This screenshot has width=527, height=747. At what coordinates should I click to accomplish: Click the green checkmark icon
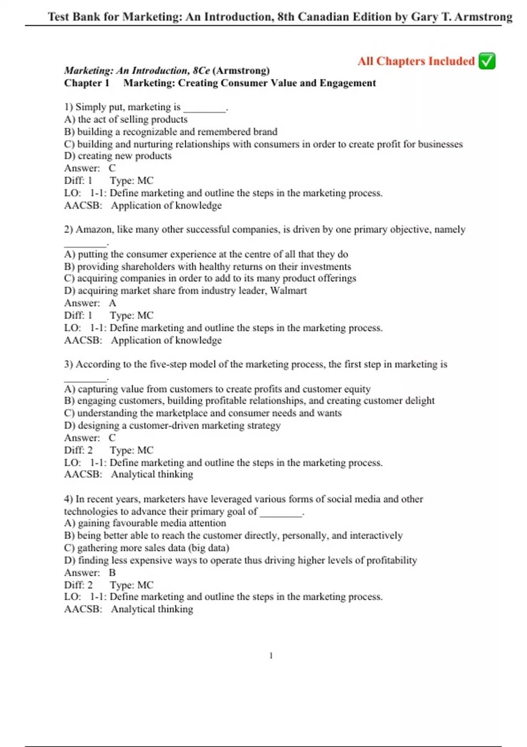click(x=487, y=61)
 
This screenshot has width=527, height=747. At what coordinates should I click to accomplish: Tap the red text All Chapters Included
click(x=416, y=61)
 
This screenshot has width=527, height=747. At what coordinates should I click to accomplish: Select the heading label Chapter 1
click(x=87, y=83)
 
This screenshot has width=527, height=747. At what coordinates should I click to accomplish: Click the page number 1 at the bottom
click(x=271, y=656)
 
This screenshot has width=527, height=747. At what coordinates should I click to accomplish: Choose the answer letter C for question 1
click(x=112, y=168)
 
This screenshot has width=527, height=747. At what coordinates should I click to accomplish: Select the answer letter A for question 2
click(x=112, y=303)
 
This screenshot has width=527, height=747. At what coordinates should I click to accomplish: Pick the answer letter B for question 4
click(x=112, y=573)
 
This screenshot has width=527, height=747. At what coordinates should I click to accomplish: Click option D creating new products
click(x=118, y=156)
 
